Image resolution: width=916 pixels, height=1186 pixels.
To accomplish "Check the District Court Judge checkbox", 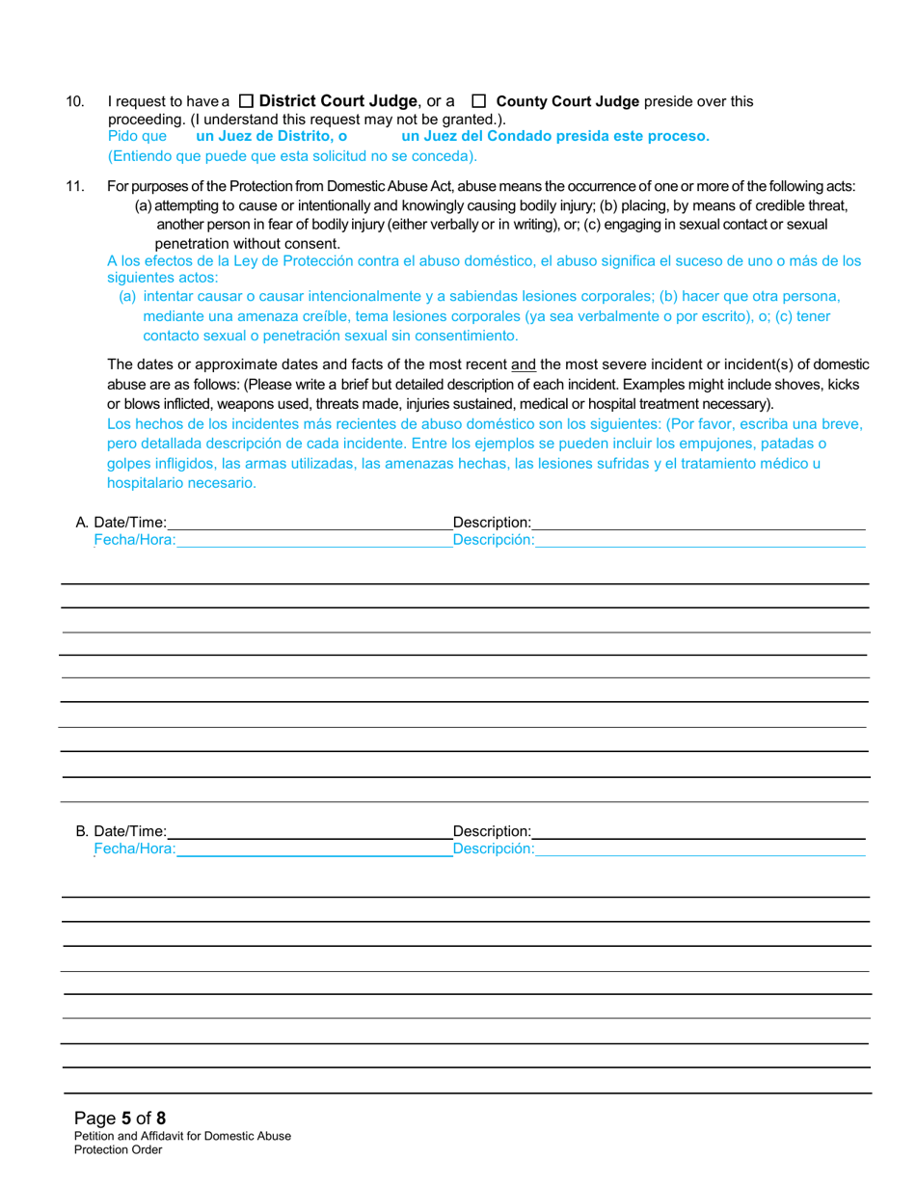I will point(246,101).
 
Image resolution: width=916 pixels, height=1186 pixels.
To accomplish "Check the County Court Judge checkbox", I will point(477,101).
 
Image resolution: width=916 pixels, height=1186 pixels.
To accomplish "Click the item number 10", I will point(74,101).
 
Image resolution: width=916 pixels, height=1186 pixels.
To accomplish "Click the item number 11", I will point(74,187).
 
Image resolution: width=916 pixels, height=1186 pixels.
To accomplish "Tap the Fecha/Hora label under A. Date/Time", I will point(134,541).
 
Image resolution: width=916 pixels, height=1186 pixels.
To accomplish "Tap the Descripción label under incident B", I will point(493,849).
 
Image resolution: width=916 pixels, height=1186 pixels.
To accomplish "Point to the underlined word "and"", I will point(523,364).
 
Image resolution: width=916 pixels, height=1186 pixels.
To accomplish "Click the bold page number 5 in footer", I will point(126,1119).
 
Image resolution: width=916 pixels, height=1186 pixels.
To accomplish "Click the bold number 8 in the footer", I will point(161,1119).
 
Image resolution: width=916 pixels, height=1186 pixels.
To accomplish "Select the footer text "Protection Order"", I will point(119,1149).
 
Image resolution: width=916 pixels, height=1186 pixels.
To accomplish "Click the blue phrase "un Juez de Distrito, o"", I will point(271,136).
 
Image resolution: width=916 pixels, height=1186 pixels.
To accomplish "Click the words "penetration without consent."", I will point(247,243).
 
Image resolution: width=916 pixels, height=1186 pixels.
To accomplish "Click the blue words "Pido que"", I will point(137,136).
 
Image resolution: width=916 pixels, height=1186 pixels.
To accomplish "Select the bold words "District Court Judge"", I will point(338,101).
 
